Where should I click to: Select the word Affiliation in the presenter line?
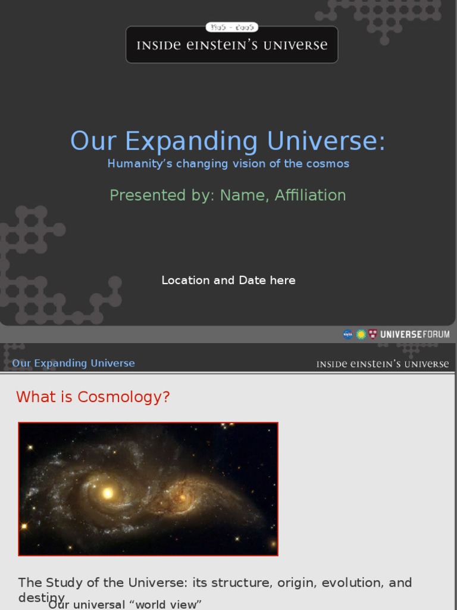[310, 195]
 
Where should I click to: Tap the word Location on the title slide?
[185, 280]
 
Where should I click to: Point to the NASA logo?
[348, 334]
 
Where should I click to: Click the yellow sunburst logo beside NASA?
[361, 334]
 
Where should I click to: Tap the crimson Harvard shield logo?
[373, 334]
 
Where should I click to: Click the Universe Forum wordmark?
[415, 334]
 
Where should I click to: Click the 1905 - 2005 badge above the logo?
[231, 27]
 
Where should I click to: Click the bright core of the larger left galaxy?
[108, 493]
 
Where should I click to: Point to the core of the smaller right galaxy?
[181, 496]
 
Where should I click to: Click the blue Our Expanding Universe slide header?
[73, 363]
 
